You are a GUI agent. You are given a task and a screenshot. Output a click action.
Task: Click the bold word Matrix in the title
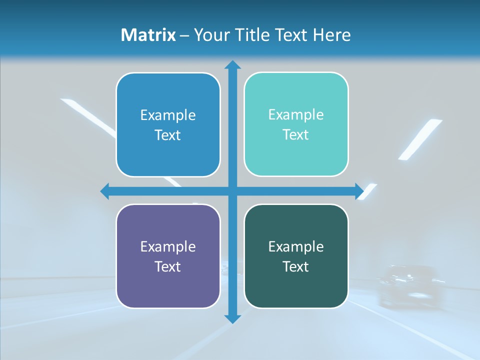[x=148, y=35]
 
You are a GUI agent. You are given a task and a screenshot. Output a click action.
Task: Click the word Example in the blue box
[x=168, y=115]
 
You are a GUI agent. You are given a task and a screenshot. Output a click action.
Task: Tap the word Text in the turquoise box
[x=296, y=135]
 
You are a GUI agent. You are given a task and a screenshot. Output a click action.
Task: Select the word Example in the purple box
[x=168, y=246]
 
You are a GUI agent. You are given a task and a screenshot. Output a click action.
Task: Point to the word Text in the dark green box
[x=296, y=266]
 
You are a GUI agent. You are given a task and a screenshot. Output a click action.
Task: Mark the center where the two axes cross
[x=232, y=191]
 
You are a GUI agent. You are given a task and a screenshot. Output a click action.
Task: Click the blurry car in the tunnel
[x=406, y=285]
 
